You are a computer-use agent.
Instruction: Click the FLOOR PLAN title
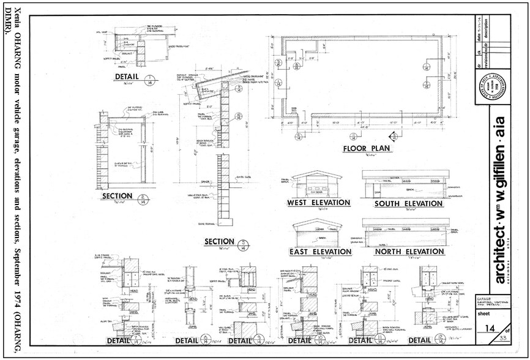[367, 149]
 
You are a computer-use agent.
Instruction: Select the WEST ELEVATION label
[319, 203]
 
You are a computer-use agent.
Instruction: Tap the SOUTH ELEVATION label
[408, 203]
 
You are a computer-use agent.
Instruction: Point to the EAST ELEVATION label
[319, 252]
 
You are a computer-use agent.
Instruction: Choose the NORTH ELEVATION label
[408, 252]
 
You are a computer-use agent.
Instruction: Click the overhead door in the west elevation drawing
[319, 186]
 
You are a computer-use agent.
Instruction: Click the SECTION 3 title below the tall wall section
[219, 242]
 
